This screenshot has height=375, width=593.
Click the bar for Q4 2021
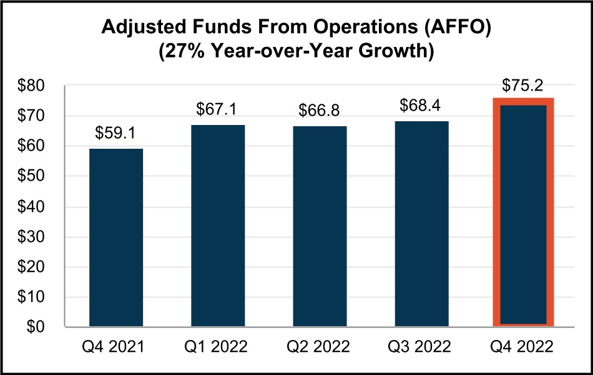(116, 237)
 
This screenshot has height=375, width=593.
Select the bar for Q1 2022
(218, 225)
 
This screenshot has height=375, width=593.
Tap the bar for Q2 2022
(320, 226)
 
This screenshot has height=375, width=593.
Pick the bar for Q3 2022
(422, 223)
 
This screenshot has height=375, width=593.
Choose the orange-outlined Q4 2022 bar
(523, 212)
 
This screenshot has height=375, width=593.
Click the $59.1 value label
(116, 133)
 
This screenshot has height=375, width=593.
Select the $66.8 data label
(320, 110)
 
